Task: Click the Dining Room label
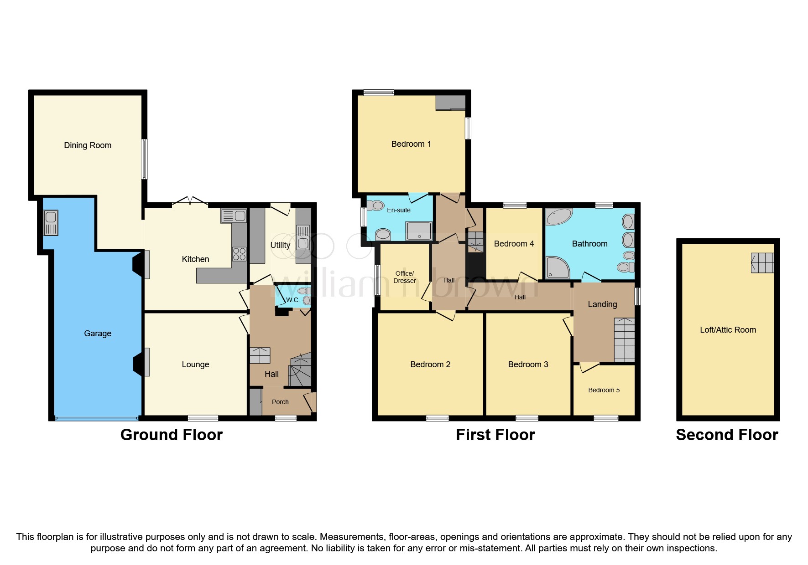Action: pyautogui.click(x=88, y=145)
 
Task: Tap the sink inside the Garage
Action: pyautogui.click(x=51, y=222)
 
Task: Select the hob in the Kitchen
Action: pyautogui.click(x=239, y=254)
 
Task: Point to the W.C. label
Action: pyautogui.click(x=292, y=300)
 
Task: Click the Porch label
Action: pyautogui.click(x=280, y=402)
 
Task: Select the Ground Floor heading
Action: pyautogui.click(x=171, y=435)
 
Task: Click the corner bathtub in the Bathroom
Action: pyautogui.click(x=559, y=217)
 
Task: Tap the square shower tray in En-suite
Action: pyautogui.click(x=419, y=231)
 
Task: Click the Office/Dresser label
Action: pyautogui.click(x=404, y=277)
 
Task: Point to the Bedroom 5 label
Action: pyautogui.click(x=604, y=390)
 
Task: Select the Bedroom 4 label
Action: pyautogui.click(x=514, y=244)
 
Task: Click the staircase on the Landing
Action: pyautogui.click(x=624, y=340)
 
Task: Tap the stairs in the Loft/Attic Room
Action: pyautogui.click(x=762, y=263)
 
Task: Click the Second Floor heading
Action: pyautogui.click(x=727, y=435)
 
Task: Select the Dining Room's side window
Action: pyautogui.click(x=144, y=159)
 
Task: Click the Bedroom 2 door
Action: pyautogui.click(x=446, y=315)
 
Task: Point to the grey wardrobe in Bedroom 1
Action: pyautogui.click(x=450, y=103)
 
